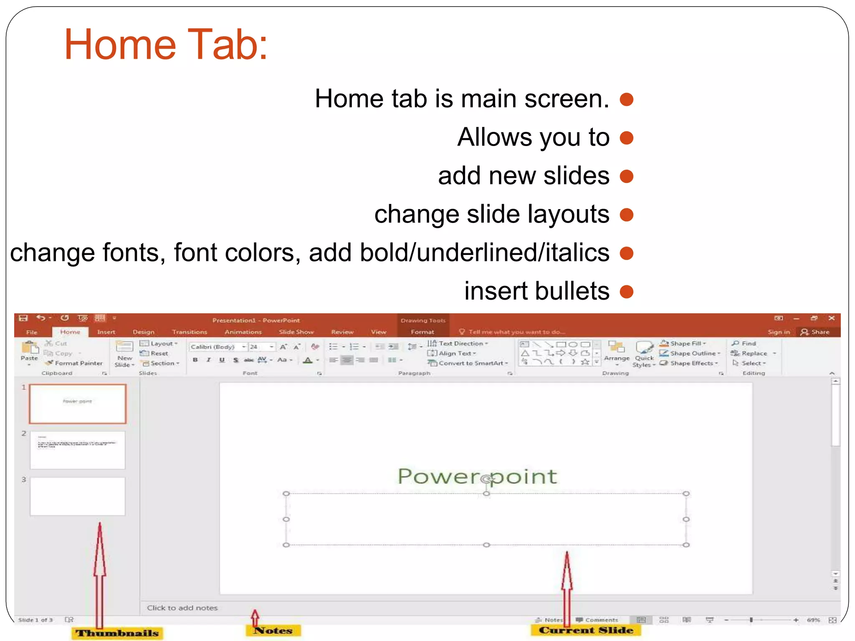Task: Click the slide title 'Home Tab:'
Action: point(166,44)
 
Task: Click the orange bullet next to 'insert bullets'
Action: point(626,291)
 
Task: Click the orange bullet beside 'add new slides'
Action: point(626,176)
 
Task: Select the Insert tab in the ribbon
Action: point(106,332)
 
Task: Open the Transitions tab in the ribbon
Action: point(190,332)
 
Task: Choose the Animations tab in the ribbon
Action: point(243,332)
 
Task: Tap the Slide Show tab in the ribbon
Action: point(296,332)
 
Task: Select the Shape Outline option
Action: point(693,353)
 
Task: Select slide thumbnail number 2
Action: point(78,450)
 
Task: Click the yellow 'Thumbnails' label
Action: point(117,633)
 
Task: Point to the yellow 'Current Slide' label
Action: point(586,630)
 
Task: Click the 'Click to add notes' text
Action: point(182,608)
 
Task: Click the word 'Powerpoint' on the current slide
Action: point(477,476)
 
